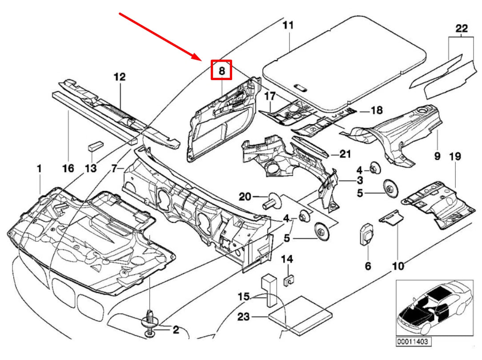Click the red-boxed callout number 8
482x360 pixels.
[x=221, y=70]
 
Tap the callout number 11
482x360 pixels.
[x=288, y=25]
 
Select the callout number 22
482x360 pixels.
[x=462, y=29]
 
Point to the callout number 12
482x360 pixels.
[x=119, y=77]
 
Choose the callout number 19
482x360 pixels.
[x=455, y=157]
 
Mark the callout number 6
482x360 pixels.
[x=368, y=266]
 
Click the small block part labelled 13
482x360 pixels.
[x=96, y=145]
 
